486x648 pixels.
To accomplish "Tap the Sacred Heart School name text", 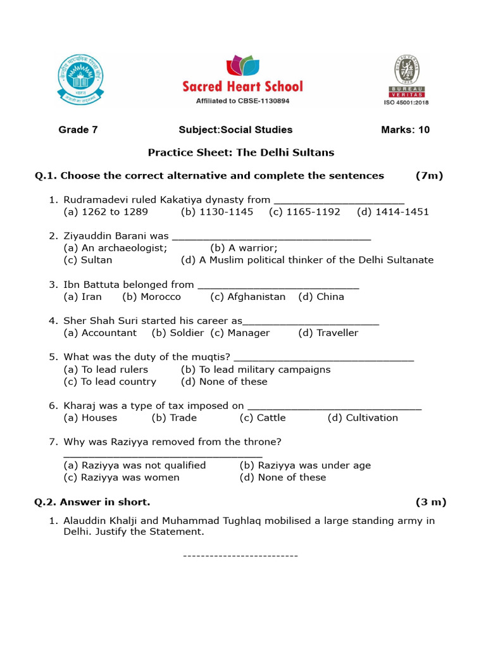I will coord(243,86).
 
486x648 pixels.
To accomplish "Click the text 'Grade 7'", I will coord(78,130).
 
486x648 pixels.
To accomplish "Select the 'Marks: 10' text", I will coord(405,130).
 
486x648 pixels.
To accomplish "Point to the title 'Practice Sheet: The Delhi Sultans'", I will coord(241,153).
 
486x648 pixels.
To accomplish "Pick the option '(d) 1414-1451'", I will coord(392,212).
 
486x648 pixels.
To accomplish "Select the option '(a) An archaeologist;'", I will coord(116,248).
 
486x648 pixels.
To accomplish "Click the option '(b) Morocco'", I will coord(152,297).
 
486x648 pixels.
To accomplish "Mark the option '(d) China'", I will coord(321,297).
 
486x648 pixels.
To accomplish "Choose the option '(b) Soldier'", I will coord(178,333).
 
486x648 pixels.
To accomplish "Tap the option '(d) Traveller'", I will coord(328,333).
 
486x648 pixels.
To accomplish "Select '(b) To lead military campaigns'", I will coord(256,370).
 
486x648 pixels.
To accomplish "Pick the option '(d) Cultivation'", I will coord(363,418).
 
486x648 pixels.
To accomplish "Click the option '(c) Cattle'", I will coord(263,418).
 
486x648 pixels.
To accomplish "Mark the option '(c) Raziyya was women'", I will coord(121,478).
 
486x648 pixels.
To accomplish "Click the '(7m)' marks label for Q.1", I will coord(429,176).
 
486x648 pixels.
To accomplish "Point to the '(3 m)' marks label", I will coord(431,502).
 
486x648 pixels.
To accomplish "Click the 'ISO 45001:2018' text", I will coord(406,102).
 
